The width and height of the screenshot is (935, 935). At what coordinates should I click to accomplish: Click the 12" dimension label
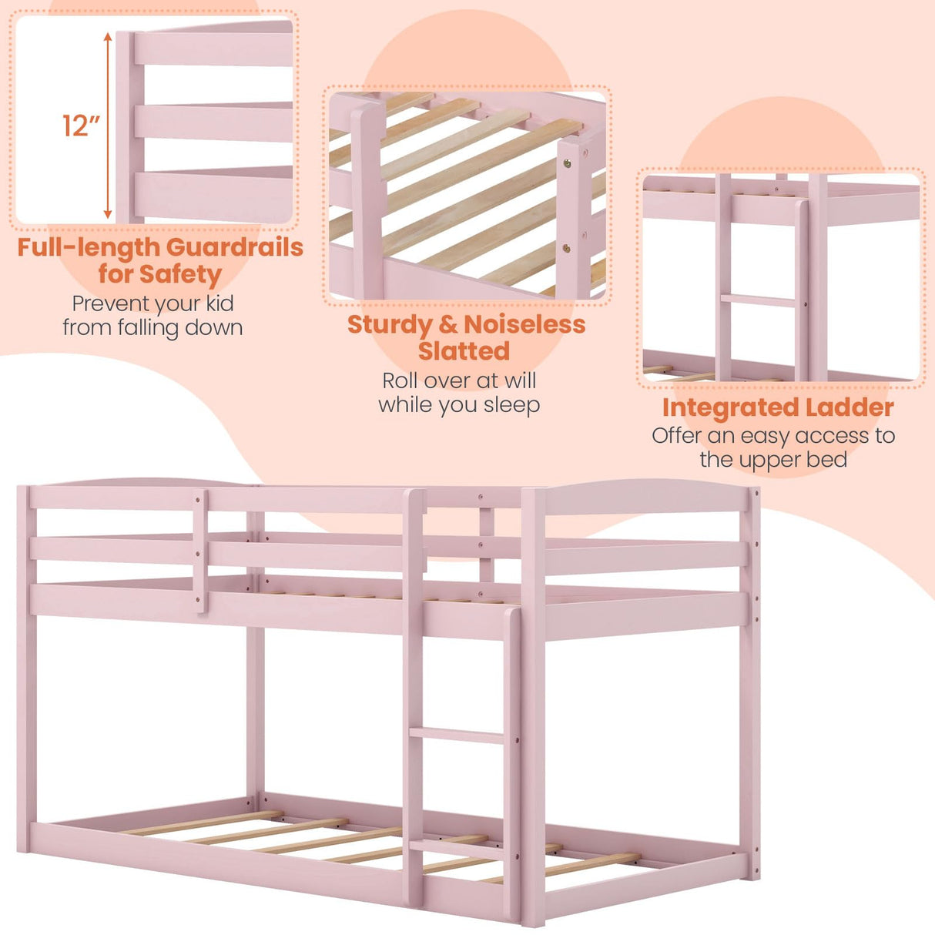click(x=81, y=125)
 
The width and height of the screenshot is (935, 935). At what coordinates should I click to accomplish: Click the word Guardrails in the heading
click(x=234, y=247)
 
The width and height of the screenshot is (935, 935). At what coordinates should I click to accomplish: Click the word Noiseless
click(x=524, y=324)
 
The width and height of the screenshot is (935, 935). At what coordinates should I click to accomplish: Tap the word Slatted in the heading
click(x=464, y=351)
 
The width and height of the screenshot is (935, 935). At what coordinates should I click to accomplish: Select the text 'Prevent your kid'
click(x=152, y=303)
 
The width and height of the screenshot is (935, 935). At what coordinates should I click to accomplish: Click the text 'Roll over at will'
click(x=459, y=380)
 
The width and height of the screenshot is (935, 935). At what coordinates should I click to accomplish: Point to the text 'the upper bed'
click(x=773, y=460)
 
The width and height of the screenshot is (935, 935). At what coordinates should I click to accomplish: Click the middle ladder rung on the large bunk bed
click(x=455, y=736)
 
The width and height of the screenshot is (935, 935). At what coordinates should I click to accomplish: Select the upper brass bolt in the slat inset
click(x=568, y=163)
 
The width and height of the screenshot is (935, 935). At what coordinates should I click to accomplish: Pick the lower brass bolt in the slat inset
click(x=567, y=248)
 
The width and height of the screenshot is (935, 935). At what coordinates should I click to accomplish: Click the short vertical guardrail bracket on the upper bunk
click(x=199, y=550)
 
